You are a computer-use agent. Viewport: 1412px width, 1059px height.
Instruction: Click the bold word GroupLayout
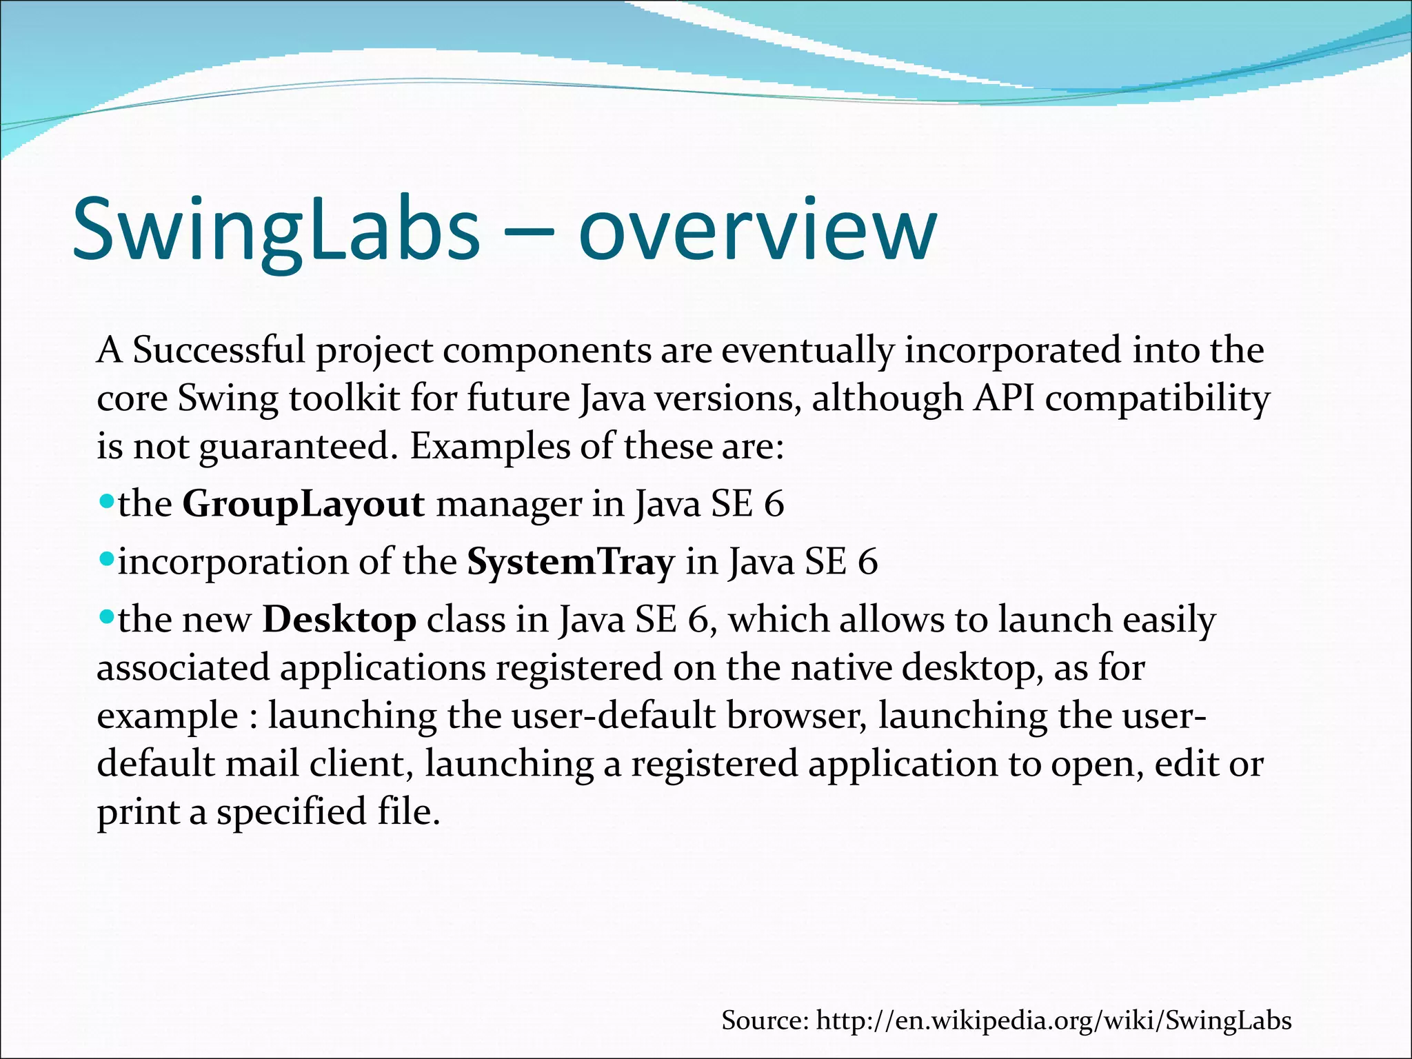pos(303,504)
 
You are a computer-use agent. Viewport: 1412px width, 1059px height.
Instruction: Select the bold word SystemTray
pos(570,562)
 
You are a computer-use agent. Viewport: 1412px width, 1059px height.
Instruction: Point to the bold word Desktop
pos(339,620)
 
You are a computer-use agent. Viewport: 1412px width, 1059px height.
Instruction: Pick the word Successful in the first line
pos(219,350)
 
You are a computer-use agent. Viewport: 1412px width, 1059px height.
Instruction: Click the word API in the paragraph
pos(1003,399)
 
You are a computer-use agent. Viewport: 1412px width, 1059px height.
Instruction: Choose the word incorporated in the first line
pos(1013,350)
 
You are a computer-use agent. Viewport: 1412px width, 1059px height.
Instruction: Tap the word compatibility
pos(1157,399)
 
